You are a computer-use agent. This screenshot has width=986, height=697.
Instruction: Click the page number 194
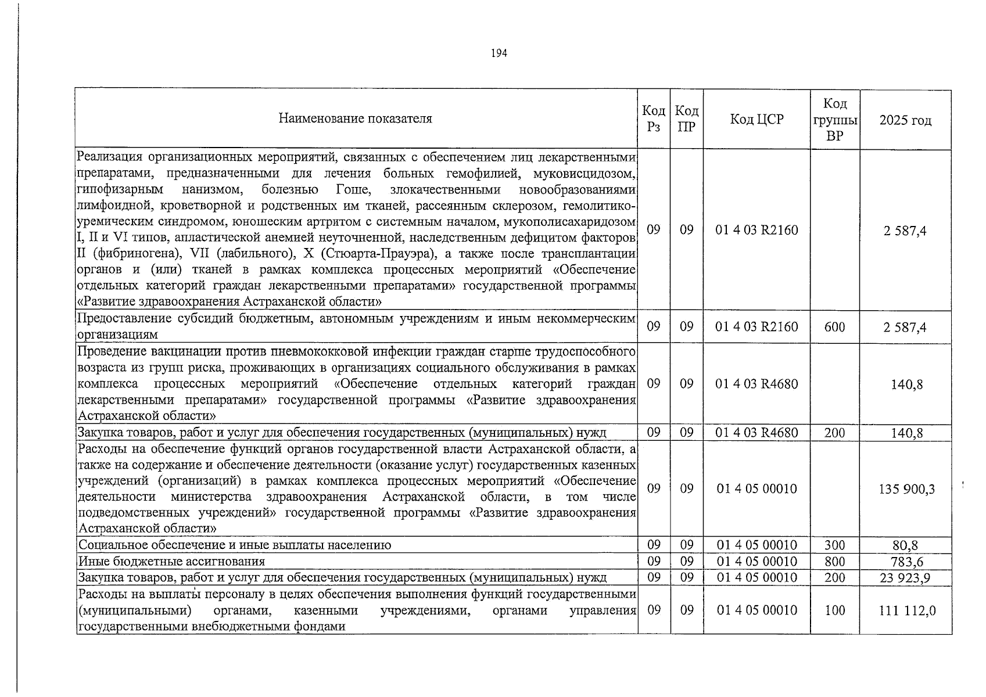pos(499,53)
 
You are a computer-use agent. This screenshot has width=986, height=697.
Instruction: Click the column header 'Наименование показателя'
pos(355,119)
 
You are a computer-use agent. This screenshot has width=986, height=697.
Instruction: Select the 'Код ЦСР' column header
pos(756,120)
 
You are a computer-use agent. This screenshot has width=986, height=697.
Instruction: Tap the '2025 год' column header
pos(905,120)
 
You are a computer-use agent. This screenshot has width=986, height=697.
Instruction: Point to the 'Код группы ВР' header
pos(834,120)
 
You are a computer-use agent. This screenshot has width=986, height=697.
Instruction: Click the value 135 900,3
pos(906,489)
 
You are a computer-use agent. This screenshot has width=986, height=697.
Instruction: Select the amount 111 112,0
pos(906,610)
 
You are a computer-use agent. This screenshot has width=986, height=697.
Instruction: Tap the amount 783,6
pos(906,562)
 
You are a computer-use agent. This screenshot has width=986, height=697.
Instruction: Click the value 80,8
pos(906,545)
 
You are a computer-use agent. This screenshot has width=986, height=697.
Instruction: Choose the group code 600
pos(834,327)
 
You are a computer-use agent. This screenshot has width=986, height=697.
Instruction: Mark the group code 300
pos(834,545)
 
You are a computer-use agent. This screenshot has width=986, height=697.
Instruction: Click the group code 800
pos(834,561)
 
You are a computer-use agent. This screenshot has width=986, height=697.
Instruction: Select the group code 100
pos(834,610)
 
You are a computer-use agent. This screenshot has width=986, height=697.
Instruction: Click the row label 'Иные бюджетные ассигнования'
pos(171,562)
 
